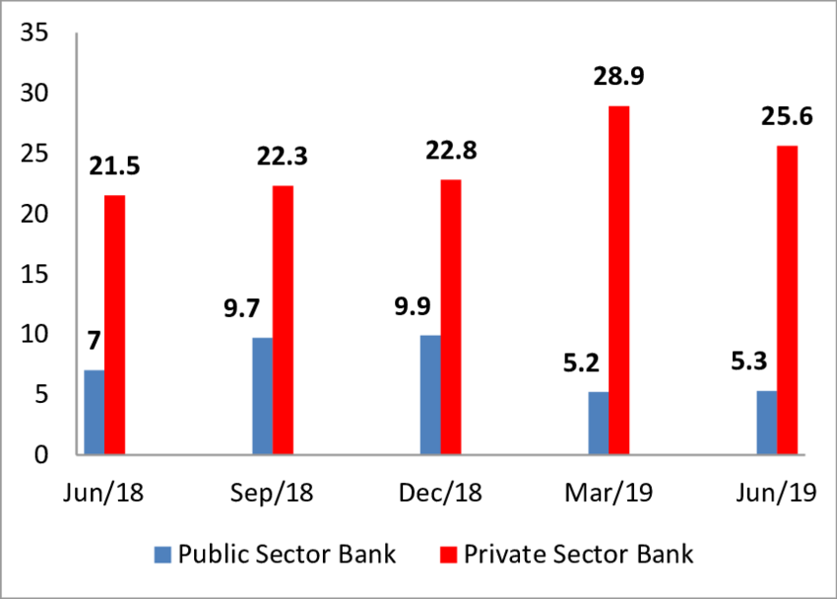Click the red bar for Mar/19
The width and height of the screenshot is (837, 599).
click(x=618, y=281)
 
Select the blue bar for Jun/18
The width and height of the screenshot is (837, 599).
click(x=95, y=413)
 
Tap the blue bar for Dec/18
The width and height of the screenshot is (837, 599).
click(x=430, y=395)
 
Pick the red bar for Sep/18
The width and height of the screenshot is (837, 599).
click(x=283, y=320)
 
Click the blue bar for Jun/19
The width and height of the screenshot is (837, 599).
click(x=766, y=423)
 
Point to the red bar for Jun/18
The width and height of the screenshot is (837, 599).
click(x=115, y=325)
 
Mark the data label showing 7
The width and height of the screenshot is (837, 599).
click(x=95, y=342)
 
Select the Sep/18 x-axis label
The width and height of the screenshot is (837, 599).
click(x=273, y=493)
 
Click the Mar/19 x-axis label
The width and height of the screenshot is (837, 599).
click(x=609, y=493)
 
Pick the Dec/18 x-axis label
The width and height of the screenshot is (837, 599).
click(x=441, y=493)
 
